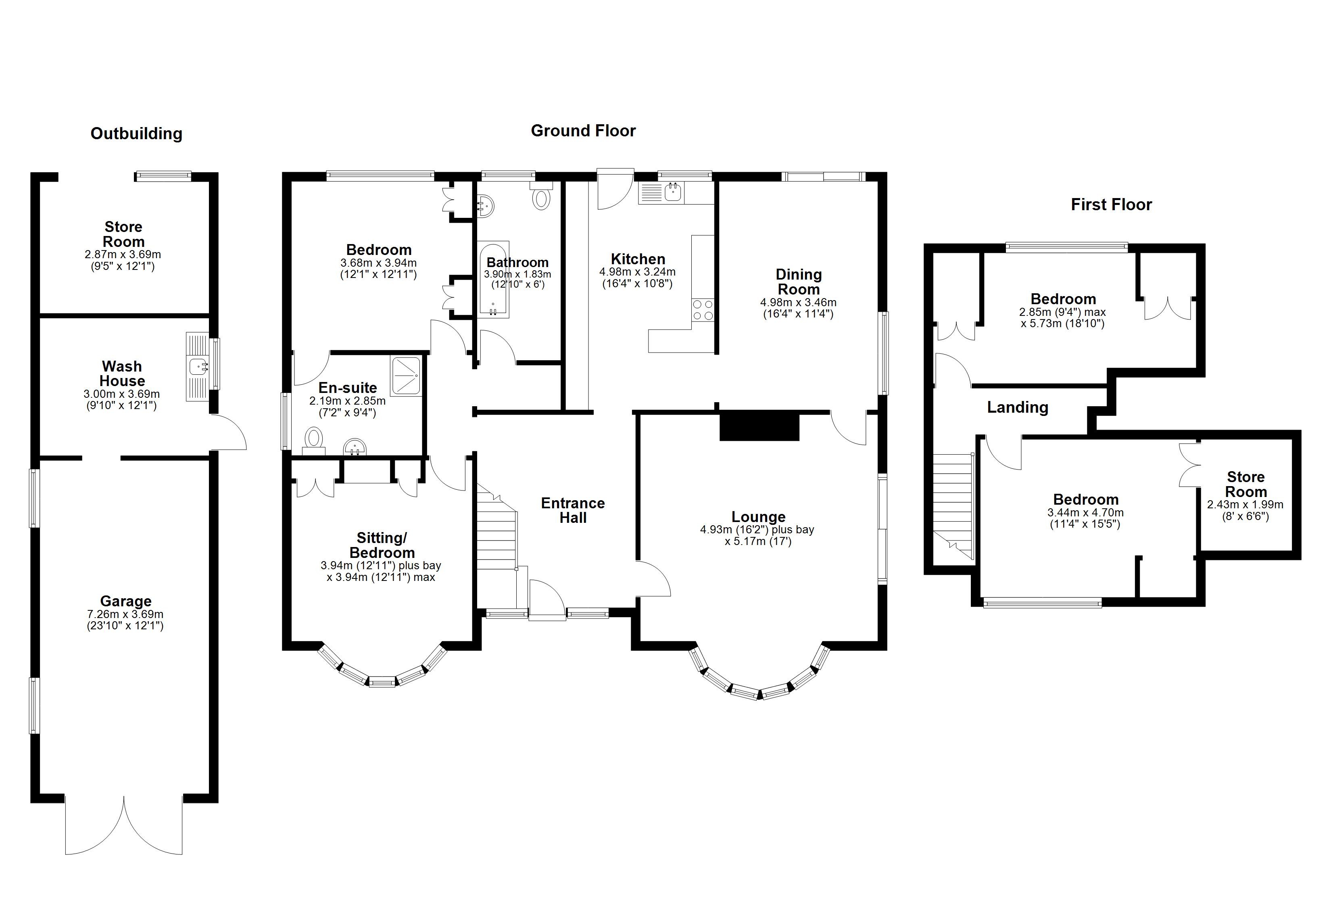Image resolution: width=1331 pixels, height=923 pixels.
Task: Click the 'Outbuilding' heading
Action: (x=136, y=134)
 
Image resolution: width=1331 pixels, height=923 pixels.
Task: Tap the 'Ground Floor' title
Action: (x=583, y=131)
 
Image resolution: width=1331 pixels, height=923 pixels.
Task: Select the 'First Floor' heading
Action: (x=1111, y=204)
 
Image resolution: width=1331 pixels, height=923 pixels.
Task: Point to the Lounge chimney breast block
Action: (x=759, y=426)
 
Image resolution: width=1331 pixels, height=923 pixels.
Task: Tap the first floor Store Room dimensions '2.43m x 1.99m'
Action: (x=1245, y=504)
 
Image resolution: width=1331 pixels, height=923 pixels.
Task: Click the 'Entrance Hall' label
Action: (x=573, y=510)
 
